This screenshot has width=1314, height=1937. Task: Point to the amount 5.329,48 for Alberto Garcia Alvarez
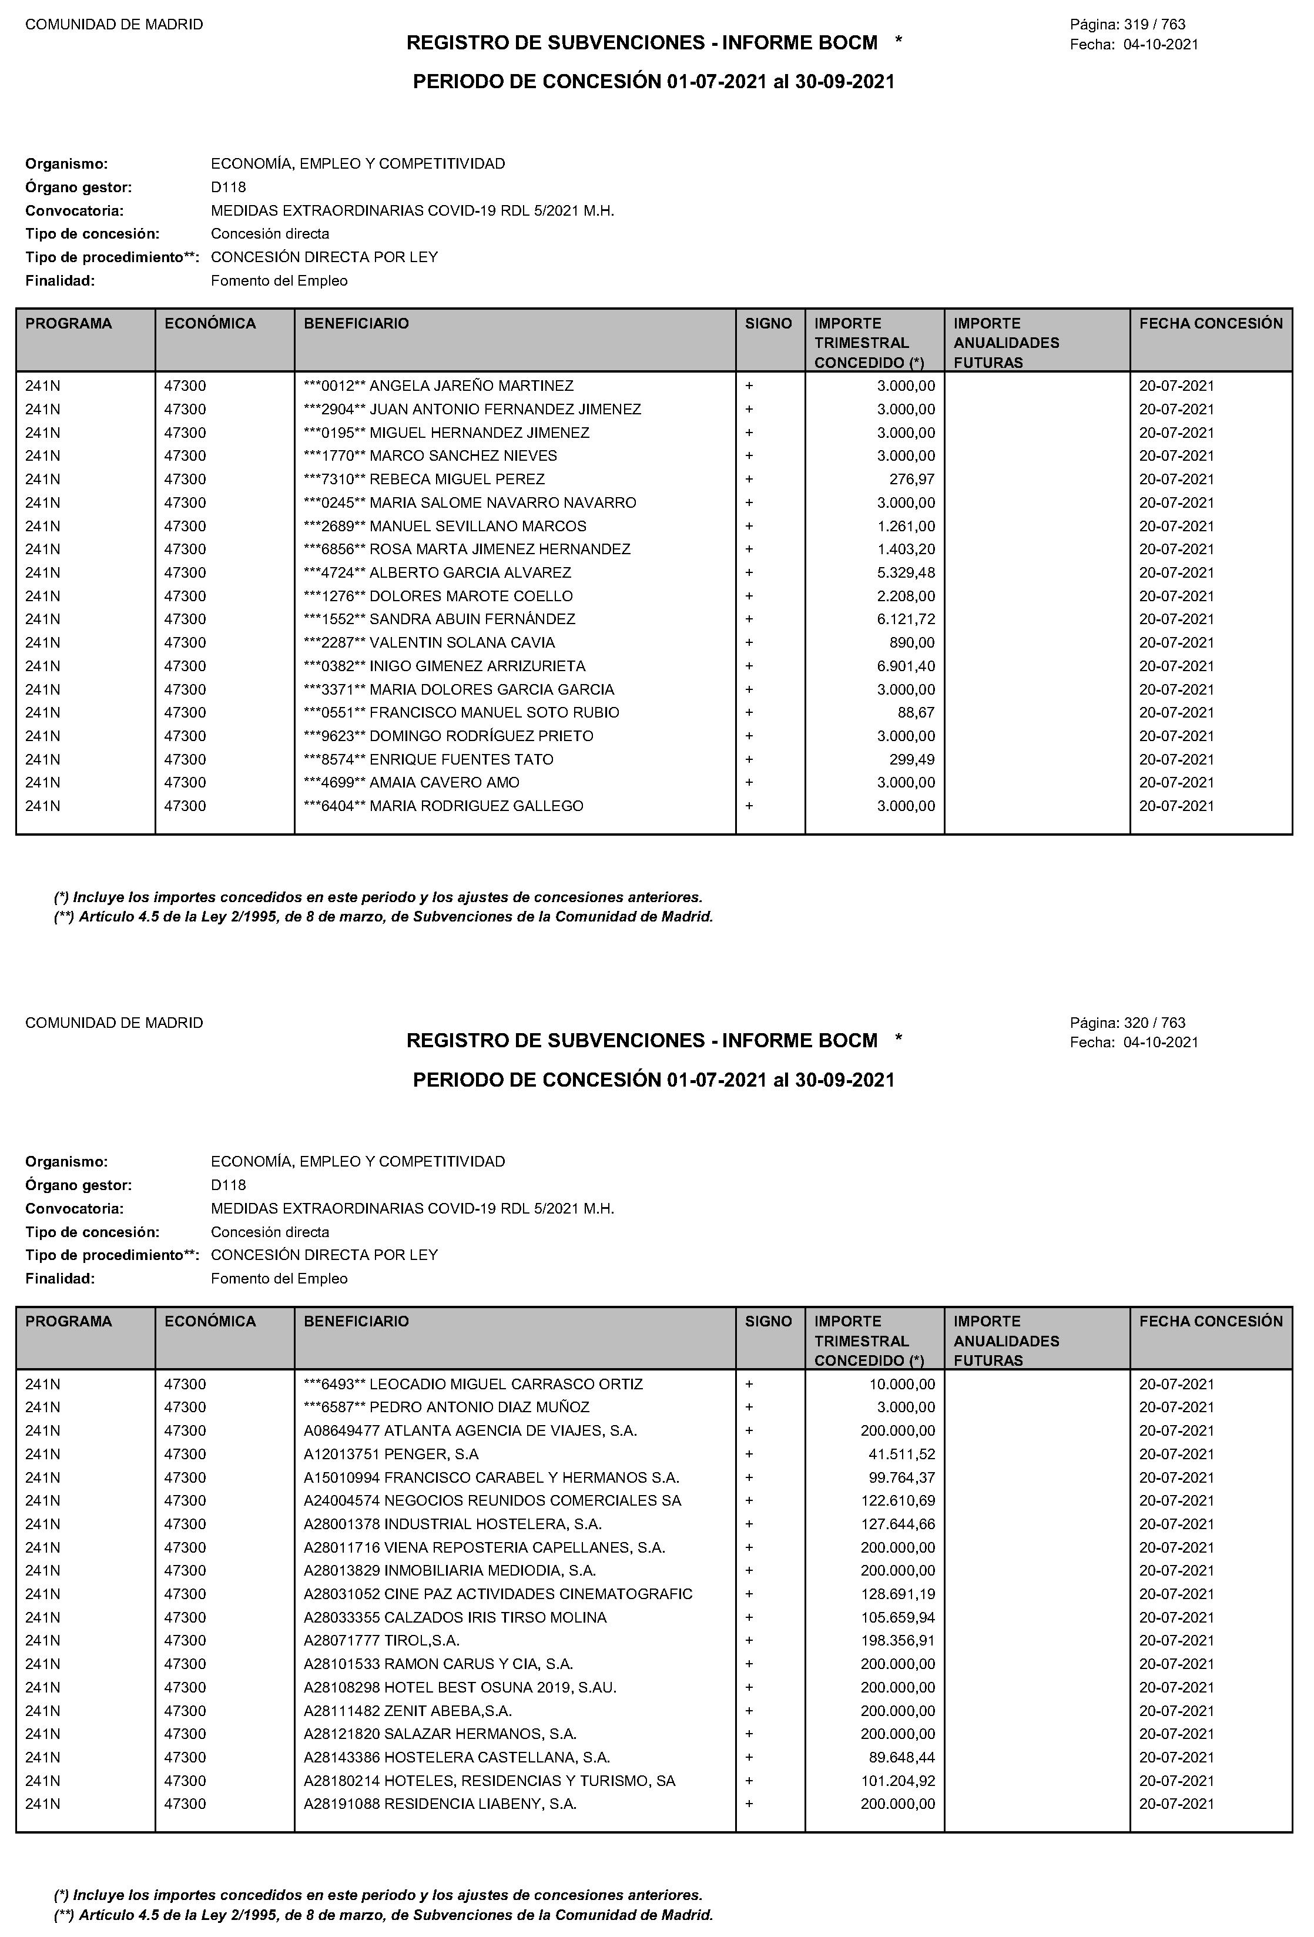tap(906, 572)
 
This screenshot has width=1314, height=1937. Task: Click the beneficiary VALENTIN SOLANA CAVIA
tap(462, 642)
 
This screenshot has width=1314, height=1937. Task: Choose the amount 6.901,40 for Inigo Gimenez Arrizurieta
tap(906, 666)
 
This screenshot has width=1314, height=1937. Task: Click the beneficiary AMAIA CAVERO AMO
tap(444, 783)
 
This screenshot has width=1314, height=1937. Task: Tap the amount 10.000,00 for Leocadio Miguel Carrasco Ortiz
tap(901, 1385)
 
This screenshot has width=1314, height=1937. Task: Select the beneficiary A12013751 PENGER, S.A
tap(391, 1455)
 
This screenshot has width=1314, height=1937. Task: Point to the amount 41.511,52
tap(901, 1455)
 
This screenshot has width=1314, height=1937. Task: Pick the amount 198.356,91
tap(897, 1641)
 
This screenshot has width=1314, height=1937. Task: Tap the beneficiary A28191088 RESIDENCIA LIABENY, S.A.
tap(440, 1804)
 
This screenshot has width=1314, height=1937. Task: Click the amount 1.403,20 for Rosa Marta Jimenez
tap(906, 549)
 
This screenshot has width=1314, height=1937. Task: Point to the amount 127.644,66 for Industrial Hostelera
tap(897, 1524)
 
